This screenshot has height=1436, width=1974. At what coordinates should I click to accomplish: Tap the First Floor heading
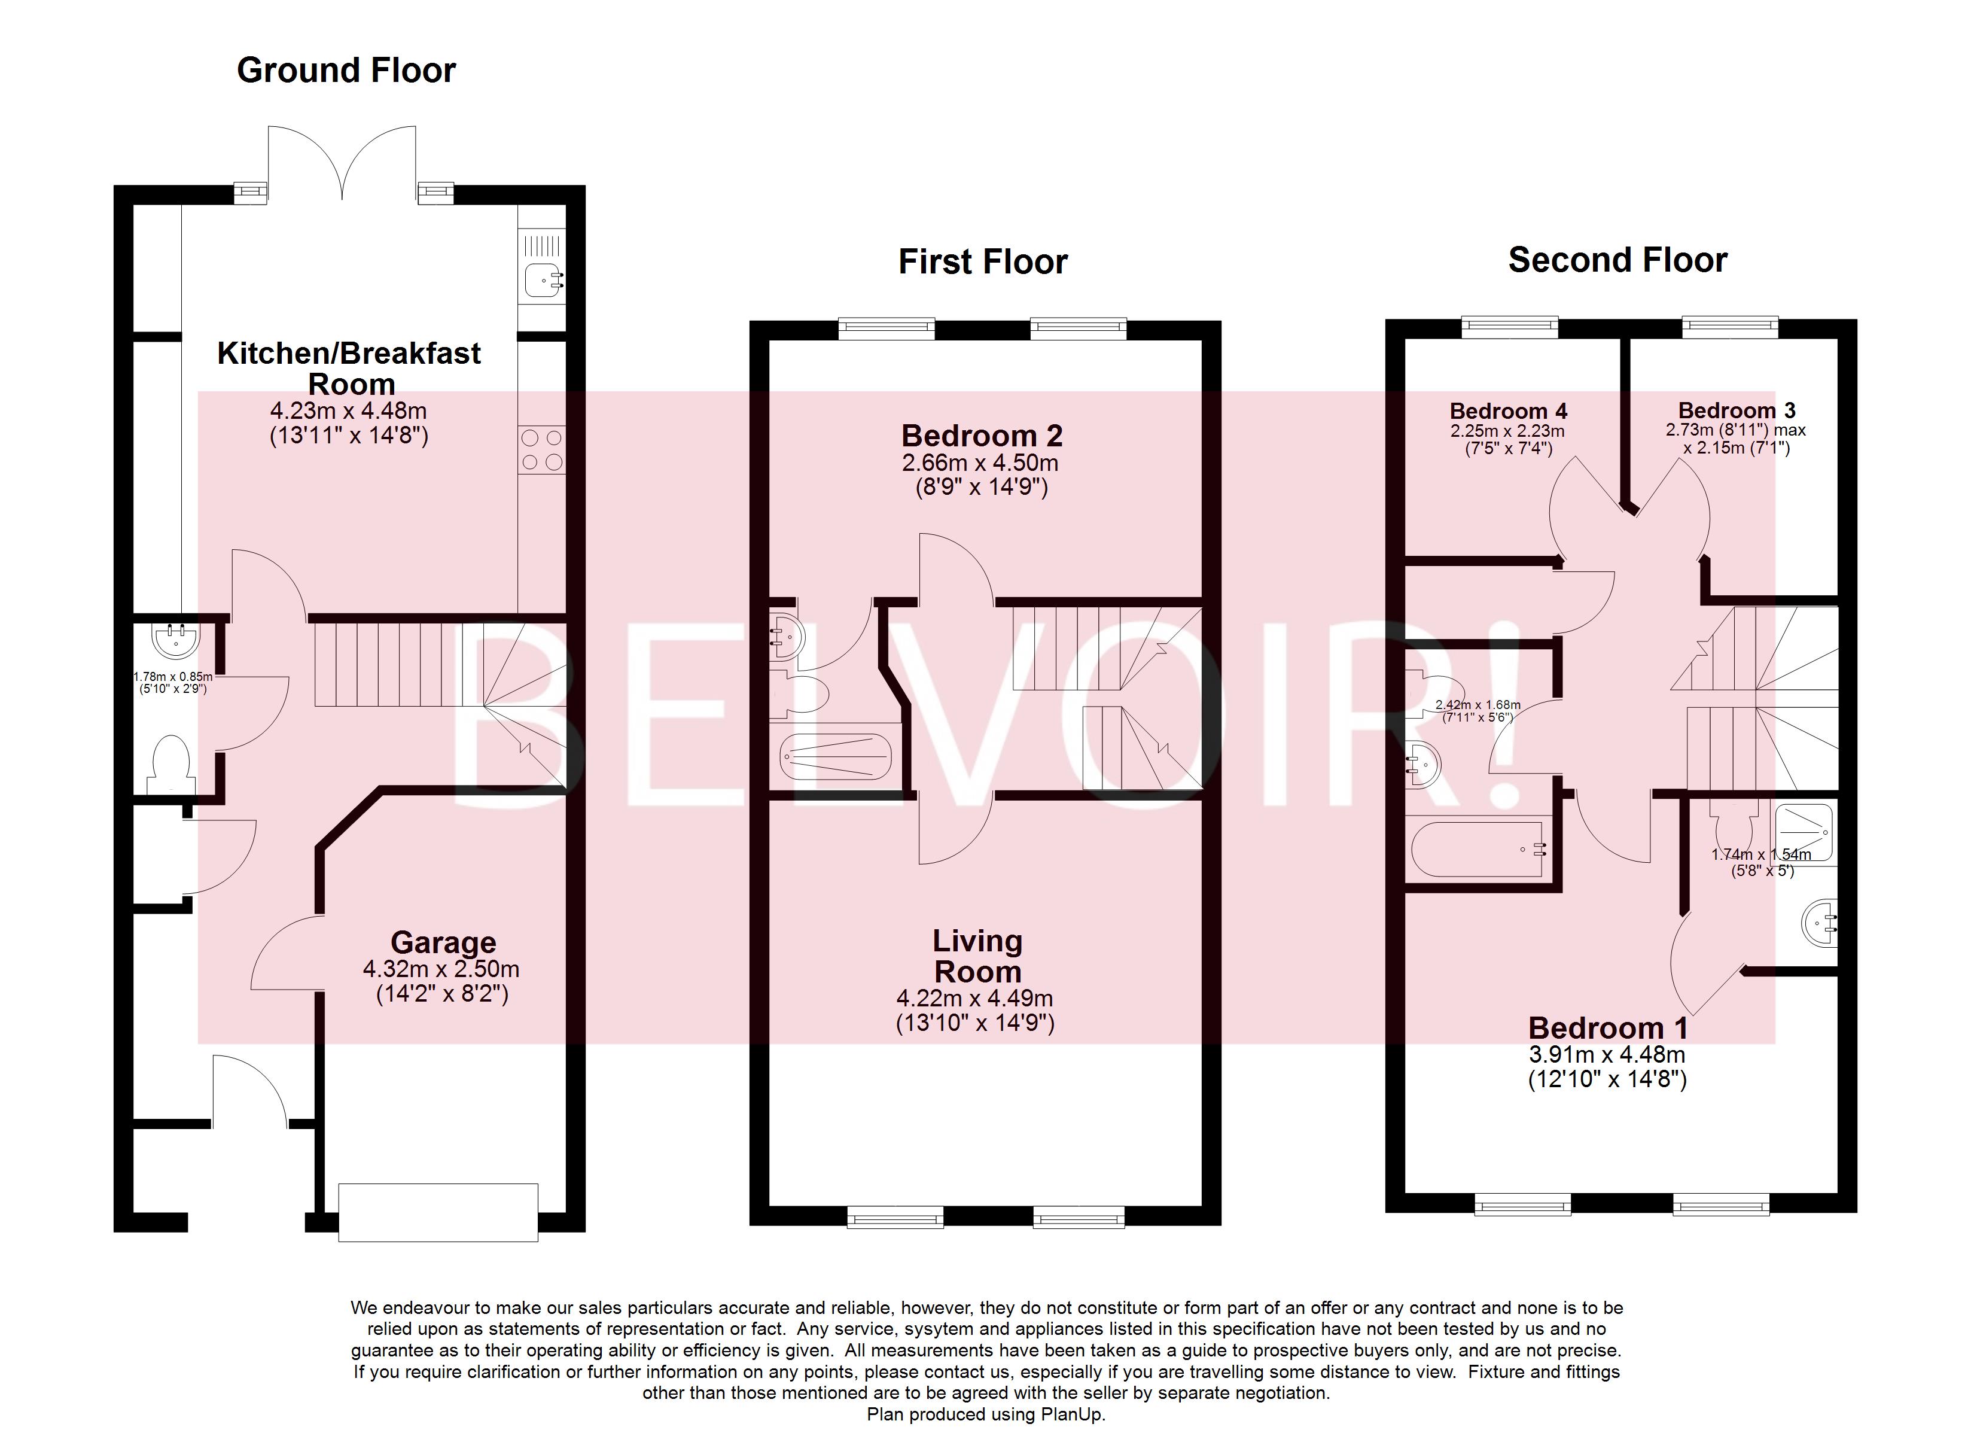983,262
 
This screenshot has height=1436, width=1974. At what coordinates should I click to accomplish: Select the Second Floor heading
1617,260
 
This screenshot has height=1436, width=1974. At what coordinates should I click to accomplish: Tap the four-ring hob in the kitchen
541,450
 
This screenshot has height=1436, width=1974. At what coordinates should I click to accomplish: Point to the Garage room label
443,942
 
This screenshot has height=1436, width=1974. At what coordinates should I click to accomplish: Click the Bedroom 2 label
982,436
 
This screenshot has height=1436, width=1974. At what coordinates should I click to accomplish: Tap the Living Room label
977,956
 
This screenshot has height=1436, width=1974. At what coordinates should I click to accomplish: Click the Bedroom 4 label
1509,411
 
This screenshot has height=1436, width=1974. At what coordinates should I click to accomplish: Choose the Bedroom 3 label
1737,410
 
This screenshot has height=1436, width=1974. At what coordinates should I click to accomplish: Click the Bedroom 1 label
1607,1027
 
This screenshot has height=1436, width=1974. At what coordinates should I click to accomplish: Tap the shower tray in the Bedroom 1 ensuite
1804,832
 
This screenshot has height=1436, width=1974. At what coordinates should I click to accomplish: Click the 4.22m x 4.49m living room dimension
975,999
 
